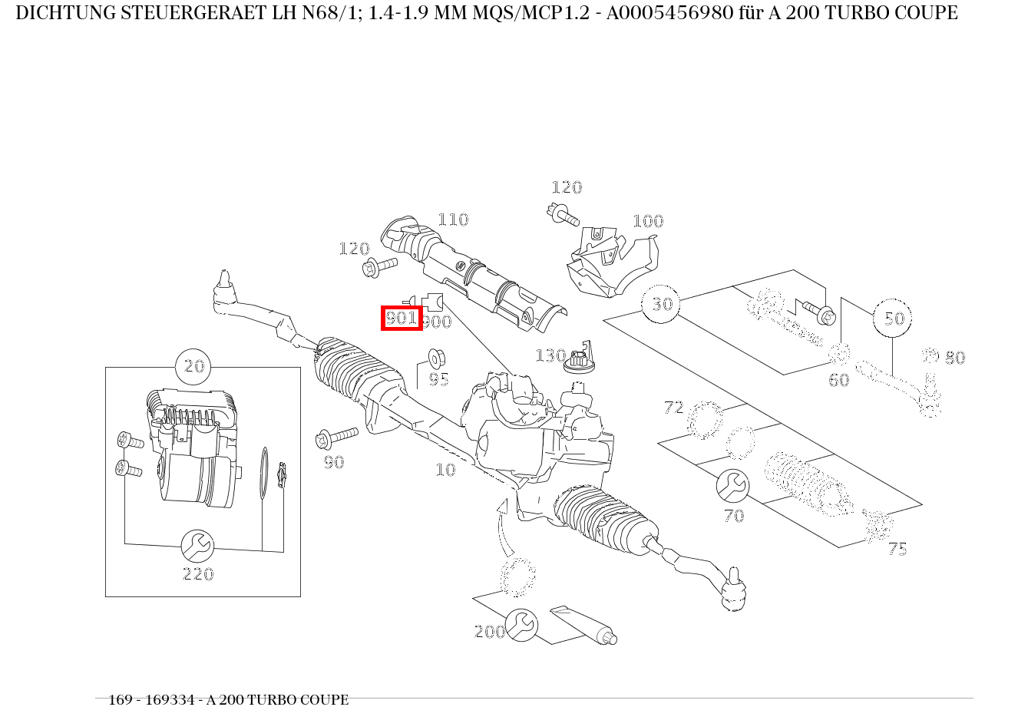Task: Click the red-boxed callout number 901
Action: [402, 317]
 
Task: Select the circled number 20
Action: [195, 366]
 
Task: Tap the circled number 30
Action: [661, 304]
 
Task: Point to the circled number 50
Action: [893, 318]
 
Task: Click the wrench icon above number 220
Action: [197, 546]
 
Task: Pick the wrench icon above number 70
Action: [732, 485]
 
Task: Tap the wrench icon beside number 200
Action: [522, 626]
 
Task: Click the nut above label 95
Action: [435, 358]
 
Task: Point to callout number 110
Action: [452, 220]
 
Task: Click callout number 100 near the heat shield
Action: [647, 221]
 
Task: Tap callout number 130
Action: [550, 355]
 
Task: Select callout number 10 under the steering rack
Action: [445, 470]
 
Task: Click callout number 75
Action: [897, 549]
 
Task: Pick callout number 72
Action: [673, 408]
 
